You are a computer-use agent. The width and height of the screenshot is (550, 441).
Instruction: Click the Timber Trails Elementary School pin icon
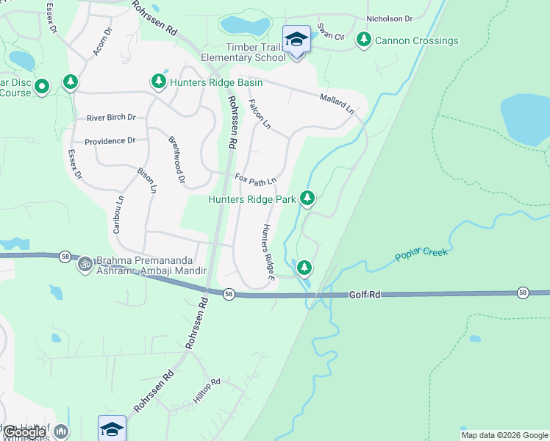tap(296, 40)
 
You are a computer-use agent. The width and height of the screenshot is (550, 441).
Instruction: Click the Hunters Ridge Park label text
tap(251, 199)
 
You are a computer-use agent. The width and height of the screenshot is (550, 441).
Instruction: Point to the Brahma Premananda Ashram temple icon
tap(85, 262)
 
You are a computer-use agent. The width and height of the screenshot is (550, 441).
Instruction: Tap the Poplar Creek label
tap(421, 254)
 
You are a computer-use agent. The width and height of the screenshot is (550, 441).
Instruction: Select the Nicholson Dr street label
tap(390, 18)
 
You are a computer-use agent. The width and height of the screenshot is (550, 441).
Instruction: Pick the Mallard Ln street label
tap(337, 103)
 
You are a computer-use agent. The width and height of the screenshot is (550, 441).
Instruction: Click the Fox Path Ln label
tap(255, 179)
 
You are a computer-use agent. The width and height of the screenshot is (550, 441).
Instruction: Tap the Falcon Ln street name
tap(260, 115)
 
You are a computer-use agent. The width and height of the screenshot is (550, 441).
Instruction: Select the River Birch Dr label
tap(111, 118)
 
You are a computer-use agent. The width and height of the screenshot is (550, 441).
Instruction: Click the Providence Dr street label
tap(110, 141)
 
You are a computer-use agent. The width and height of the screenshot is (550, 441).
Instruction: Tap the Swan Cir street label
tap(330, 33)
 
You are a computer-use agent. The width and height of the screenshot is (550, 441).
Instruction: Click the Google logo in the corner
tap(24, 432)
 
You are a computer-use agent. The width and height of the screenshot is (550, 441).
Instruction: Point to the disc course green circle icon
tap(42, 87)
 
